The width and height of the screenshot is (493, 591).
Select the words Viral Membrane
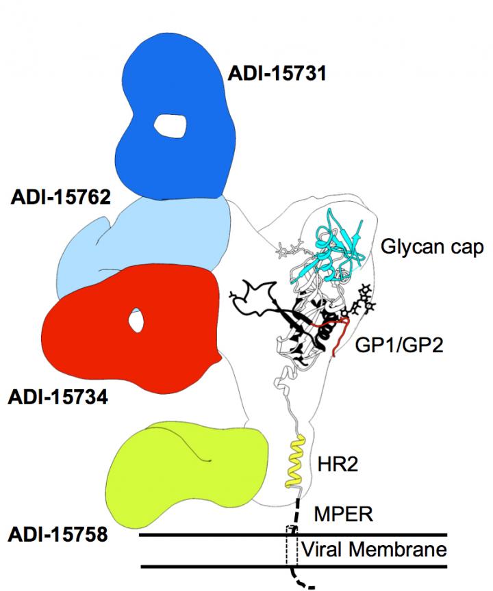[x=374, y=549]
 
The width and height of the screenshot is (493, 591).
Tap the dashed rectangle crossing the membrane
[x=292, y=547]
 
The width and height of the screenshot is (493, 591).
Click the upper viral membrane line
[x=205, y=534]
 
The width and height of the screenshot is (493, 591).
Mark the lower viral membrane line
[x=205, y=566]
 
